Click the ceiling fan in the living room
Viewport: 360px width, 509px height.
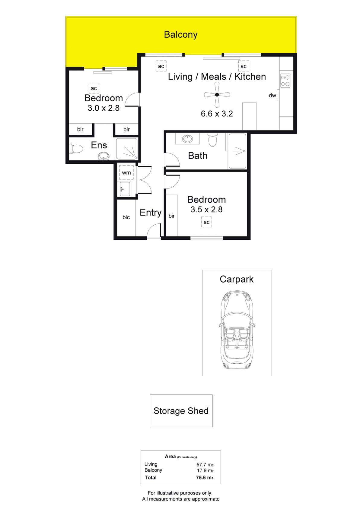point(217,95)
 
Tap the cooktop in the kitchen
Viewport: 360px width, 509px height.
point(285,81)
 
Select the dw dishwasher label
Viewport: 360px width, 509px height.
point(272,95)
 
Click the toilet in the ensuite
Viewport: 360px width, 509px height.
point(76,149)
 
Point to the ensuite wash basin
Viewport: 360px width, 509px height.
point(104,156)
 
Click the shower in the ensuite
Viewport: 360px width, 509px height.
point(127,149)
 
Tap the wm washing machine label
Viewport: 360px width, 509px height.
point(126,173)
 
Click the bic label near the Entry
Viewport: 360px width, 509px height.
point(126,217)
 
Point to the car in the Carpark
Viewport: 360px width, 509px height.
point(237,330)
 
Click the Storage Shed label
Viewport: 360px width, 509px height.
point(181,411)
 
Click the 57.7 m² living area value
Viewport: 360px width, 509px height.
point(205,465)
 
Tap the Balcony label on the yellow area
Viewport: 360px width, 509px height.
point(181,35)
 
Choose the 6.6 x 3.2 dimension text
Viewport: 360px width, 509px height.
point(217,114)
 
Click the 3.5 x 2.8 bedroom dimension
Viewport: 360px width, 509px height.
point(206,210)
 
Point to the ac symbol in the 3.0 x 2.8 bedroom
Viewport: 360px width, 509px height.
point(94,88)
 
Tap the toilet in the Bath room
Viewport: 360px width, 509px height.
point(213,140)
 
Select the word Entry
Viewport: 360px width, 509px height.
point(151,213)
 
